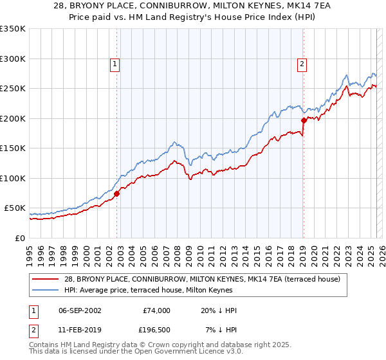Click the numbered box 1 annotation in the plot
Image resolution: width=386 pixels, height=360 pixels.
pos(115,64)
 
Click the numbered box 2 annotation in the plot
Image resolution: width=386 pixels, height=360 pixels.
pos(301,64)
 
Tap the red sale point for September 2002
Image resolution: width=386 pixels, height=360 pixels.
pos(117,194)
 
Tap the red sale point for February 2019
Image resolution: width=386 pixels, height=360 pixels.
pos(304,120)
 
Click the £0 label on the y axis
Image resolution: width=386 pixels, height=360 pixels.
pos(19,238)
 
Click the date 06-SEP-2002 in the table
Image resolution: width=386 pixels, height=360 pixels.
pos(78,310)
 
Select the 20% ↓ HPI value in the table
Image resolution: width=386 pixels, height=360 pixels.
pos(217,310)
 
